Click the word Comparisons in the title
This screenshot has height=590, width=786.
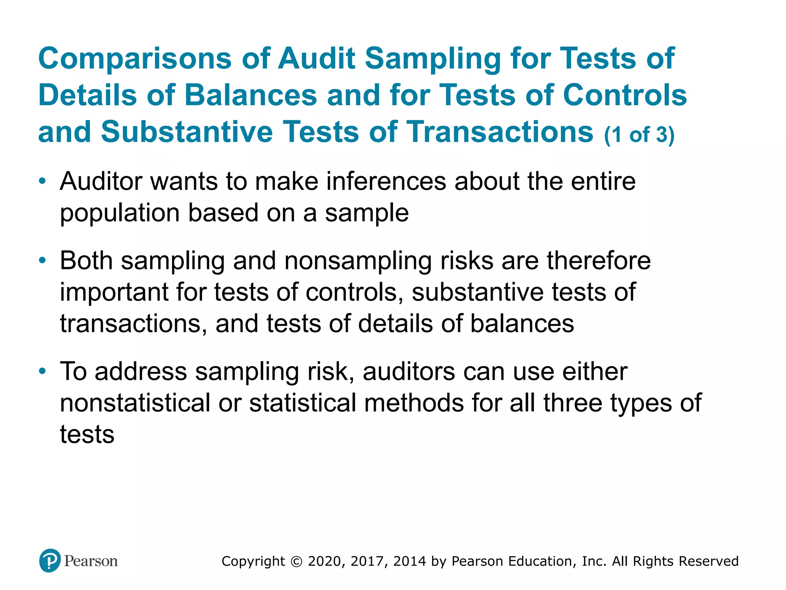coord(135,58)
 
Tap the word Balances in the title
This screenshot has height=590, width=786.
coord(251,95)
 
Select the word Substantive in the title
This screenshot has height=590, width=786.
coord(187,132)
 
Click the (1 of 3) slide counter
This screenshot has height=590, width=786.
coord(639,135)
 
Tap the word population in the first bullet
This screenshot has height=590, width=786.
coord(120,214)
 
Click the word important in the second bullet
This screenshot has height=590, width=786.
coord(114,293)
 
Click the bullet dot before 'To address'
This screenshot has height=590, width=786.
coord(43,371)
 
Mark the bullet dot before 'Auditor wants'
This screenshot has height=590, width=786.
coord(43,181)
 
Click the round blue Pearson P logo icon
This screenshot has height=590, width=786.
coord(50,561)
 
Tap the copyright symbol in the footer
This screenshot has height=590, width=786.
coord(296,562)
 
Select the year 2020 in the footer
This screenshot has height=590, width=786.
coord(324,562)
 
